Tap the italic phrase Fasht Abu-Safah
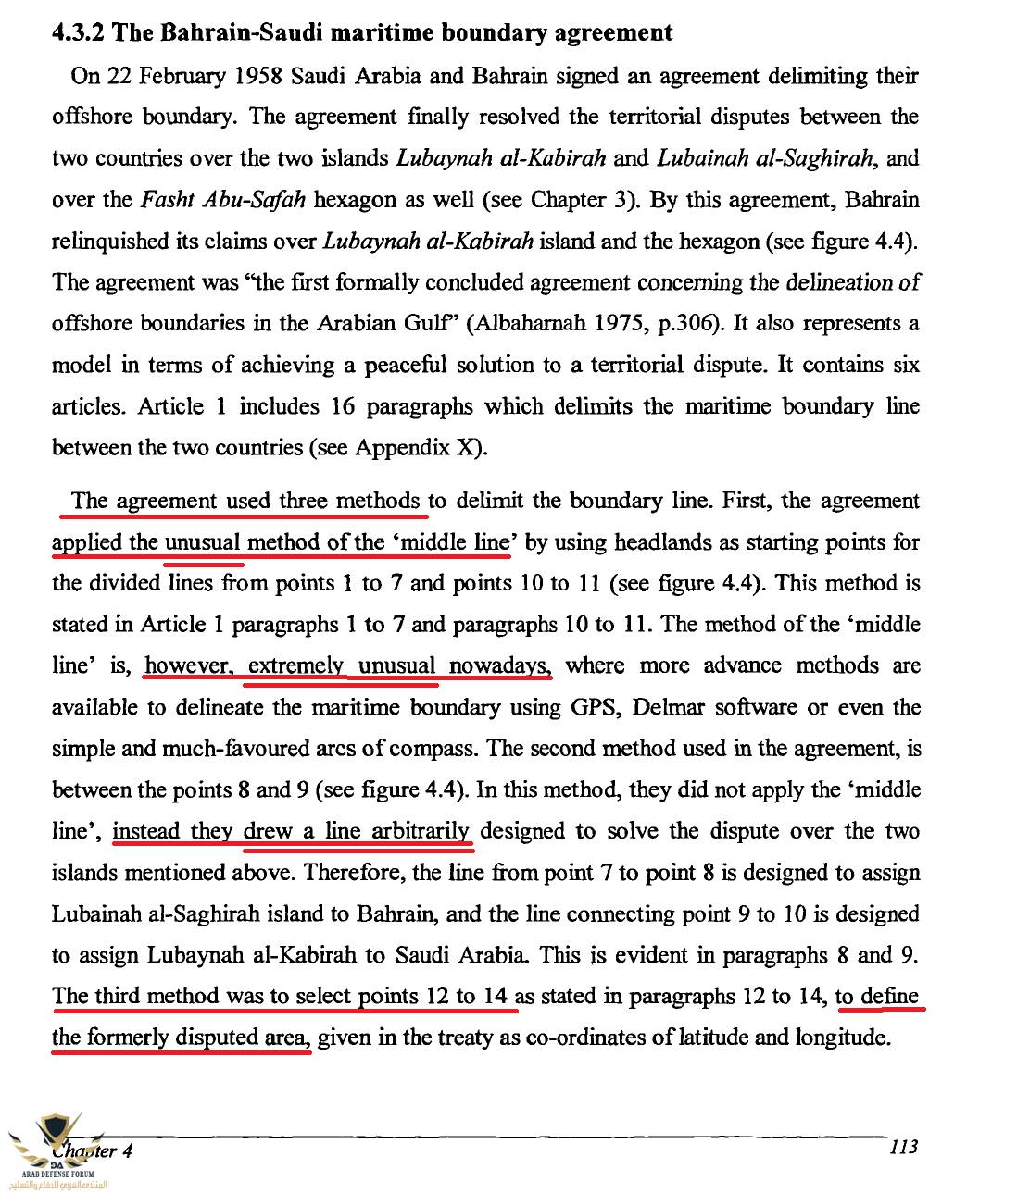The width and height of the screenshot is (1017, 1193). [223, 200]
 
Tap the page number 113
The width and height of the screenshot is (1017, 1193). [903, 1147]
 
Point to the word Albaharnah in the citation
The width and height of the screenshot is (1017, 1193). [525, 323]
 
